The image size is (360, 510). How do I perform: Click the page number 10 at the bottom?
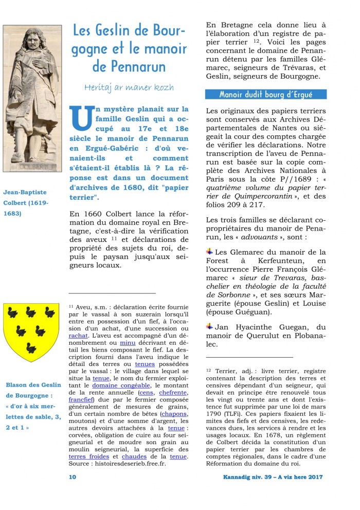pos(73,477)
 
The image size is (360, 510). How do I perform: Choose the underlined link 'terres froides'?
pos(88,456)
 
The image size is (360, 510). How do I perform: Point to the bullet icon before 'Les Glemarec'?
pos(209,252)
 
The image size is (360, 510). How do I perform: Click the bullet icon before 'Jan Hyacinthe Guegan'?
pos(209,326)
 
